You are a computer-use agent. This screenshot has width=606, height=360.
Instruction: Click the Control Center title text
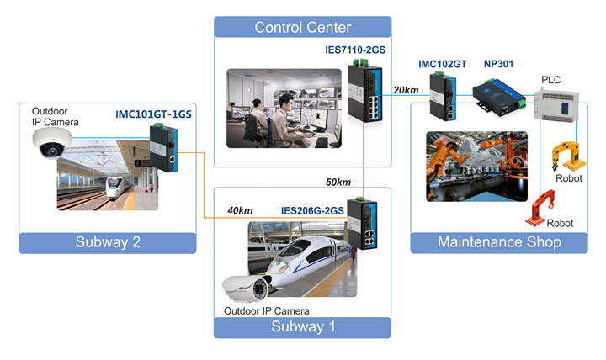(x=303, y=28)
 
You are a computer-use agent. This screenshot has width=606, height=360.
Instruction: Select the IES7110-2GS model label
(x=355, y=50)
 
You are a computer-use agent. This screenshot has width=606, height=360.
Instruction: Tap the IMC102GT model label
(x=443, y=64)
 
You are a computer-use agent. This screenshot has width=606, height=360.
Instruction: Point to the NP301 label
(x=498, y=64)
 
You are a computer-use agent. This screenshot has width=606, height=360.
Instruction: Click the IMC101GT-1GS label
(x=153, y=114)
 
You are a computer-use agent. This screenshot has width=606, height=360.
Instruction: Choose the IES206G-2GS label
(x=312, y=211)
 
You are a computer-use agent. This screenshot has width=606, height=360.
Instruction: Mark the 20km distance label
(x=407, y=90)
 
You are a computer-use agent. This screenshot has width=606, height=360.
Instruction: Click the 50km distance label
(x=338, y=183)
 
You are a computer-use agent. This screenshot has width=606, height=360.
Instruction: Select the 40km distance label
(x=240, y=210)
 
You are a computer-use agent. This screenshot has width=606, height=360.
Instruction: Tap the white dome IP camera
(x=52, y=143)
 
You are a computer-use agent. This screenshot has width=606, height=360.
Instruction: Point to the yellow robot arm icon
(x=568, y=156)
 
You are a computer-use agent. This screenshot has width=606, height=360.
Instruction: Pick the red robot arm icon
(x=540, y=208)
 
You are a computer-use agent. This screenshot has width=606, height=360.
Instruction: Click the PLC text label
(x=550, y=80)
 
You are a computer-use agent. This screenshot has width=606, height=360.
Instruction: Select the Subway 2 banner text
(x=108, y=242)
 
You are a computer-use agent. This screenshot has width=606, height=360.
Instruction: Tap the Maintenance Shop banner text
(x=499, y=242)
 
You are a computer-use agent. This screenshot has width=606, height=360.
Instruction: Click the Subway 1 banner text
(x=303, y=327)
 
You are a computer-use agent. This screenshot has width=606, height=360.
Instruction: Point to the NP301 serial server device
(x=499, y=98)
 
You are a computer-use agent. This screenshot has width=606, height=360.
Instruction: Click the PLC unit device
(x=556, y=106)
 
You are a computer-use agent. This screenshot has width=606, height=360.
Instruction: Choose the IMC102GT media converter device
(x=443, y=97)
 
